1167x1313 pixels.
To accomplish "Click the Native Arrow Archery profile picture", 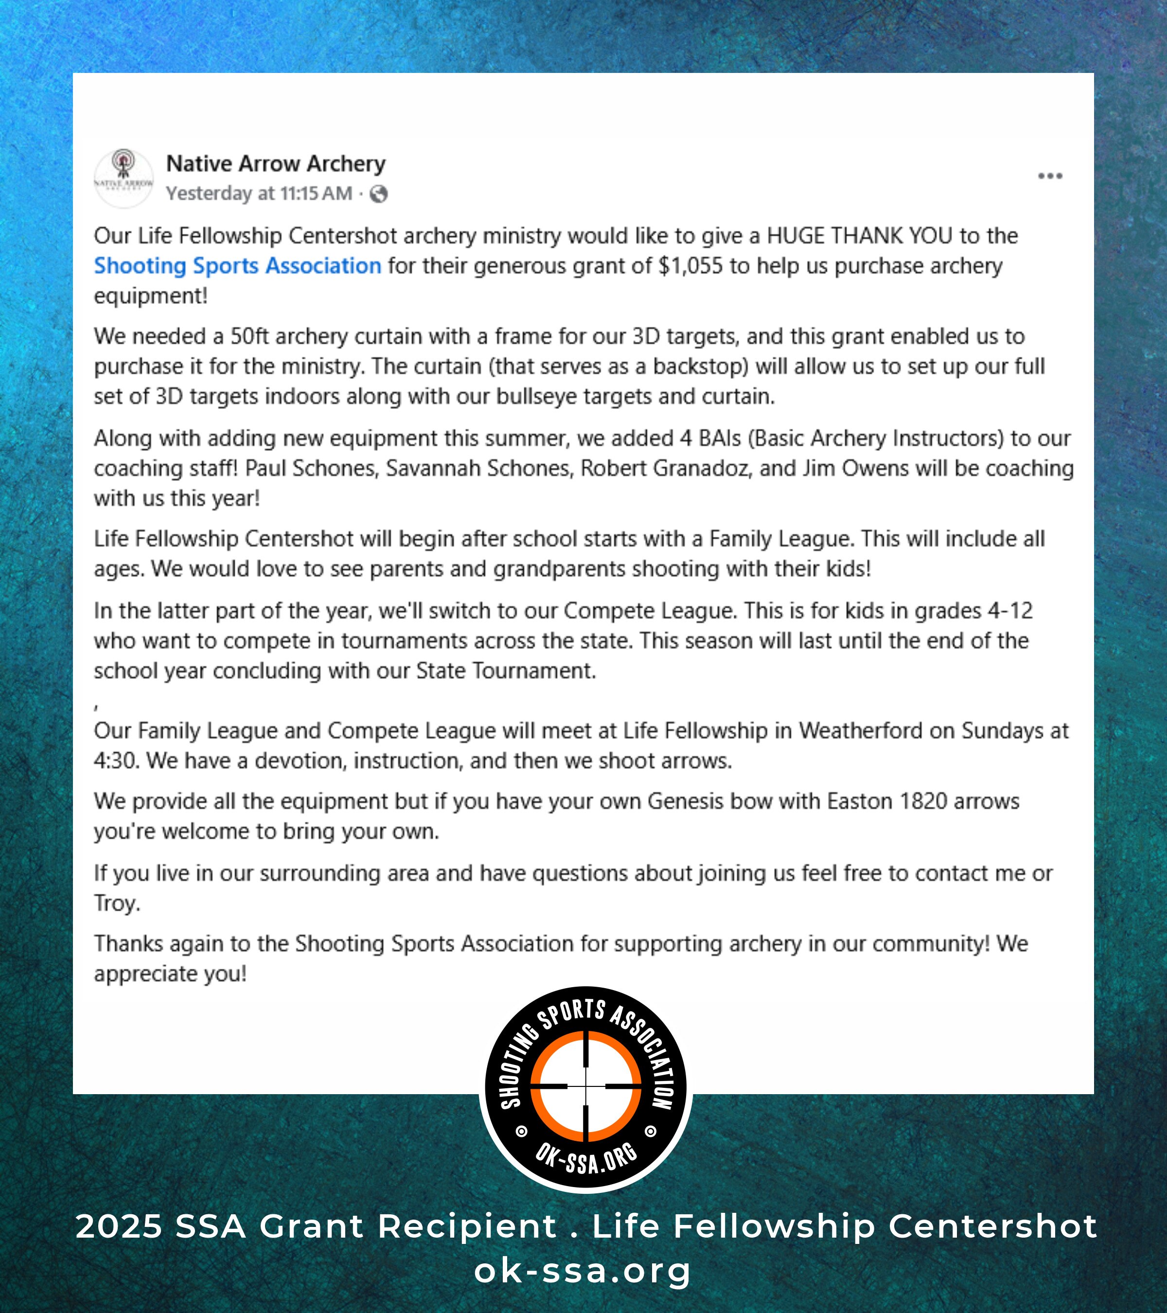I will pos(124,178).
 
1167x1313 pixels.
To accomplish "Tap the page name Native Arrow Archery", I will pos(276,164).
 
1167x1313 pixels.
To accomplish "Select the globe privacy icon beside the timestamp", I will pos(379,194).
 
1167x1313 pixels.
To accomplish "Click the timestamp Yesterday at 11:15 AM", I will pos(259,194).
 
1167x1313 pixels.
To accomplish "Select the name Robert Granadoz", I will pos(665,468).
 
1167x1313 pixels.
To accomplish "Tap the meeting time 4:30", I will pos(116,761).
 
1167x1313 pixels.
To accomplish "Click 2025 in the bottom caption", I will pos(119,1226).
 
